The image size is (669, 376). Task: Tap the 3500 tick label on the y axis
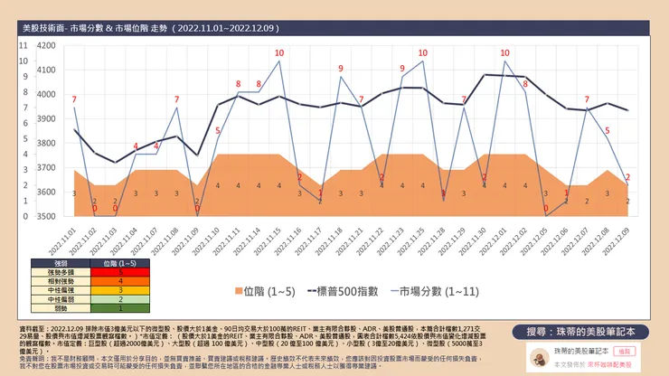click(42, 217)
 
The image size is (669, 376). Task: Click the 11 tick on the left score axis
click(24, 44)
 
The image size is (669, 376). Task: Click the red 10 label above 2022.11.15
click(278, 52)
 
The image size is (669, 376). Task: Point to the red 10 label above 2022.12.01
click(504, 52)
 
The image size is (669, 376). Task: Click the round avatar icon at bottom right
click(539, 355)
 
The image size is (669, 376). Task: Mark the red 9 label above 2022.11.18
click(341, 69)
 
